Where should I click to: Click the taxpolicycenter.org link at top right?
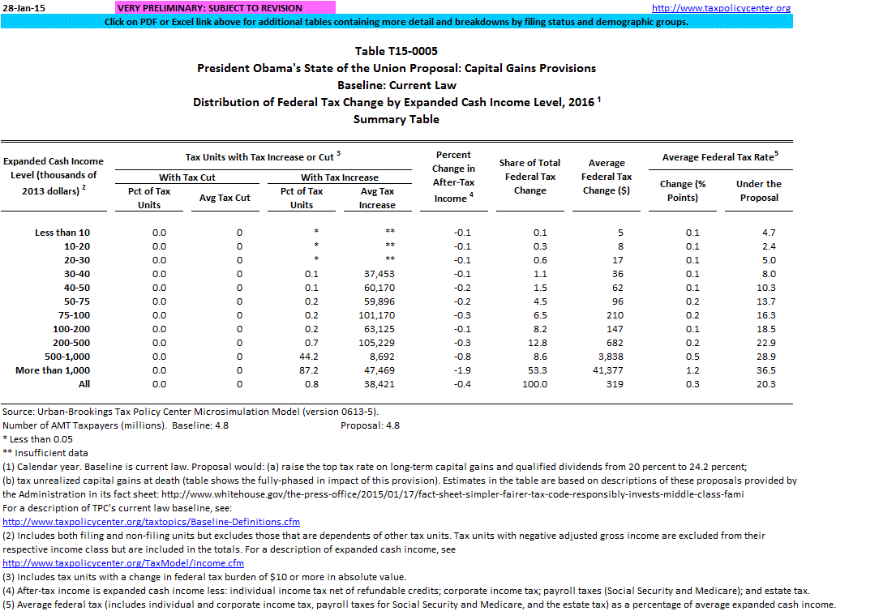point(721,8)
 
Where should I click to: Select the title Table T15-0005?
point(397,51)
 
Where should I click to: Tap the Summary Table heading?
point(397,119)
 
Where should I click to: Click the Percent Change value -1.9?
point(459,370)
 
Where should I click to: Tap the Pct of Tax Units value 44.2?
point(310,357)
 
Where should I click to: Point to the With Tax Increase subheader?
point(340,177)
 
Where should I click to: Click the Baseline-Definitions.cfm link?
point(152,522)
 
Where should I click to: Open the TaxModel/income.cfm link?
point(123,563)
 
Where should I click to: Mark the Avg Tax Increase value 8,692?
point(379,357)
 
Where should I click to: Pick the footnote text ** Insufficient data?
point(45,453)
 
